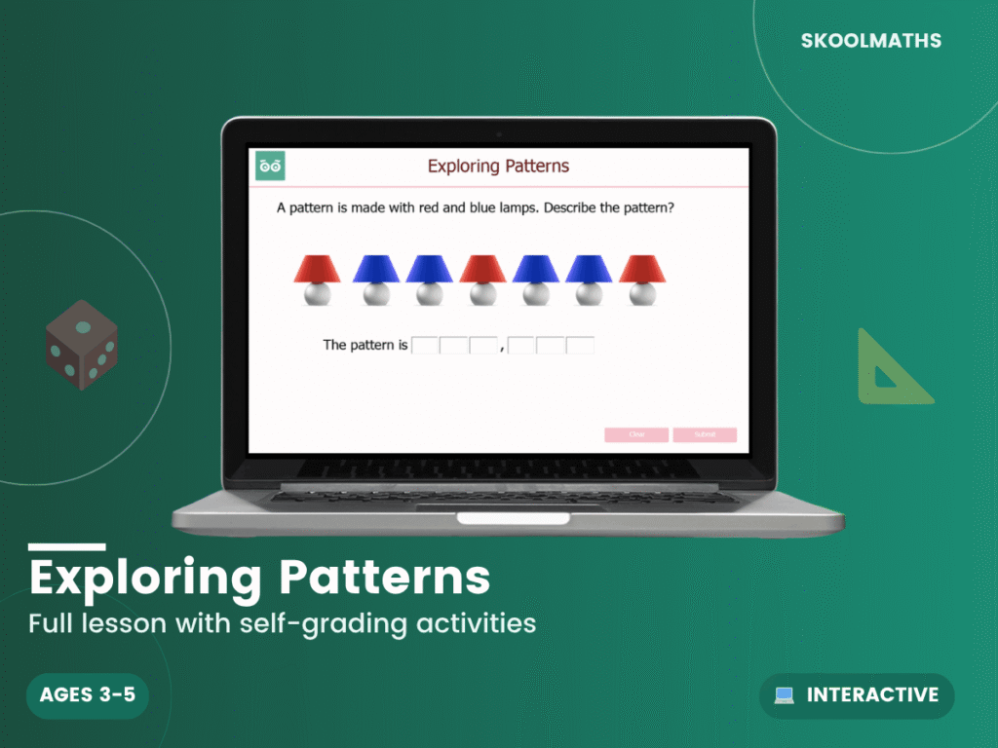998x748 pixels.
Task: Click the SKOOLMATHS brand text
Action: (x=871, y=41)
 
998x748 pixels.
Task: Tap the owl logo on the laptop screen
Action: (x=270, y=167)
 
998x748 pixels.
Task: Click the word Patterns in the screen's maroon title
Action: (x=533, y=167)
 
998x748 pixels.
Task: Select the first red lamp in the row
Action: (x=317, y=280)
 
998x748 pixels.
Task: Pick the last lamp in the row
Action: (x=642, y=280)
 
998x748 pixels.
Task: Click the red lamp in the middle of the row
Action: (x=482, y=280)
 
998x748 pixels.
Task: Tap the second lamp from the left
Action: (x=375, y=280)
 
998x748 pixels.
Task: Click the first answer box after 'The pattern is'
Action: (x=426, y=345)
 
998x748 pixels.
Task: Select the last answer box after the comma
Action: (x=580, y=345)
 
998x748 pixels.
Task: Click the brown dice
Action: (x=82, y=345)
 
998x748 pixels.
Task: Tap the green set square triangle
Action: (x=889, y=370)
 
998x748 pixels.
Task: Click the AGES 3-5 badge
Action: (x=87, y=695)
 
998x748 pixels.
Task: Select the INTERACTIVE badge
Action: (x=857, y=695)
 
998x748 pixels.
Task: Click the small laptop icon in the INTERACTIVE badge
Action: (x=785, y=695)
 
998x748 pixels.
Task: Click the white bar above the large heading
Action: (x=66, y=547)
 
